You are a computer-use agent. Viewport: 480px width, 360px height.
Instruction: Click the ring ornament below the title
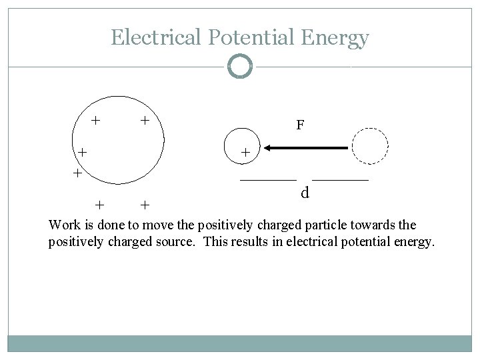tap(240, 67)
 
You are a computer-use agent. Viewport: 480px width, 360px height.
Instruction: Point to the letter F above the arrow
tap(301, 125)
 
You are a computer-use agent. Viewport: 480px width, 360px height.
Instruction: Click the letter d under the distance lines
tap(304, 193)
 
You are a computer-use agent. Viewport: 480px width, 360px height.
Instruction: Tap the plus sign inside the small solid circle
tap(245, 153)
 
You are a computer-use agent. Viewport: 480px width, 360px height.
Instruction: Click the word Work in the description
tap(64, 225)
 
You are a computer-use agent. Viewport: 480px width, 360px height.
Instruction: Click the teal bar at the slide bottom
tap(240, 343)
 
